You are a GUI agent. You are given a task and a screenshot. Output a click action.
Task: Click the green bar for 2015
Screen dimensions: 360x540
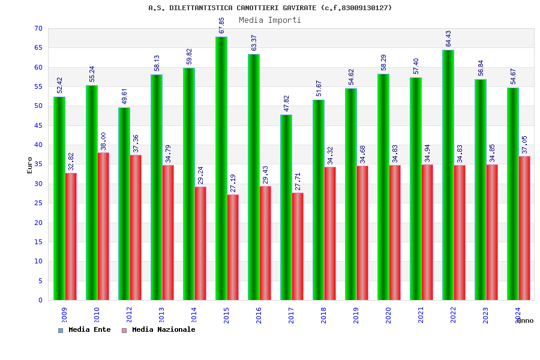pos(221,168)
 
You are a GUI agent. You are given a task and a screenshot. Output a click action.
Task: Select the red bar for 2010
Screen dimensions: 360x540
pos(103,226)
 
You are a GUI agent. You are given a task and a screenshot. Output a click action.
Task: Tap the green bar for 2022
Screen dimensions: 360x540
pos(448,175)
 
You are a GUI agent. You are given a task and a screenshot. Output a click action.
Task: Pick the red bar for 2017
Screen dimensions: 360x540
pos(298,246)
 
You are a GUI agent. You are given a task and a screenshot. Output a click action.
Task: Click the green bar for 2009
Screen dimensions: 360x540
pos(59,198)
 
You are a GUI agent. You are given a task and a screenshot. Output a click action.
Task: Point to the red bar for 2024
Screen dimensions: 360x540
pos(524,228)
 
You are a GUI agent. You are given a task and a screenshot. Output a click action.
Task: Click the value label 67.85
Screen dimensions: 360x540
pos(222,25)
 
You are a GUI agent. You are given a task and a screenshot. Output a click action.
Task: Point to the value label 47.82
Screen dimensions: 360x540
pos(287,103)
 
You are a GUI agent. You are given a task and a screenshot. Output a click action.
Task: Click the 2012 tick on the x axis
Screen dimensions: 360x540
pos(130,315)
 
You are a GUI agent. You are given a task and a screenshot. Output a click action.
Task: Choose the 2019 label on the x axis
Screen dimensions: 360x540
pos(356,315)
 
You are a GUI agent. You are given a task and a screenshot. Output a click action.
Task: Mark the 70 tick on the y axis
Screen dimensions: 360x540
pos(38,29)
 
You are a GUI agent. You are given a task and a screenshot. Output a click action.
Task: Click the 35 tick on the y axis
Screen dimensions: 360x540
pos(38,164)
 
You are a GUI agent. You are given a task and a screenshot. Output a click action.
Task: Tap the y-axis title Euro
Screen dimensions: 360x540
pos(30,165)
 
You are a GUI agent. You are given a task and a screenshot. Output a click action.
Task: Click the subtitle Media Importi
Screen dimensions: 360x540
pos(270,20)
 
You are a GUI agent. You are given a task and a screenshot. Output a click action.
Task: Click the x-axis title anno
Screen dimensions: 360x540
pos(524,320)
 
